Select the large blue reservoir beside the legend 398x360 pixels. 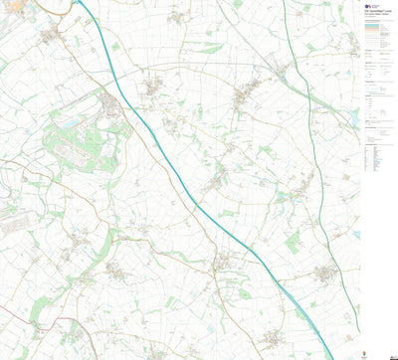click(355, 118)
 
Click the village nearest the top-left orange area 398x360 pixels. click(50, 37)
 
